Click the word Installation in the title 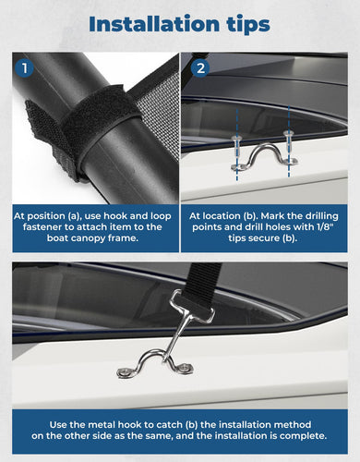click(154, 24)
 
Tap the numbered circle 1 click(24, 68)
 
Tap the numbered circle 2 click(200, 68)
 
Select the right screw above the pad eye click(289, 140)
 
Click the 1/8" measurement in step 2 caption click(326, 227)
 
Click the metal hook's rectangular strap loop click(192, 307)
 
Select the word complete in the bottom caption click(303, 436)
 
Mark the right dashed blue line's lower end click(289, 176)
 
